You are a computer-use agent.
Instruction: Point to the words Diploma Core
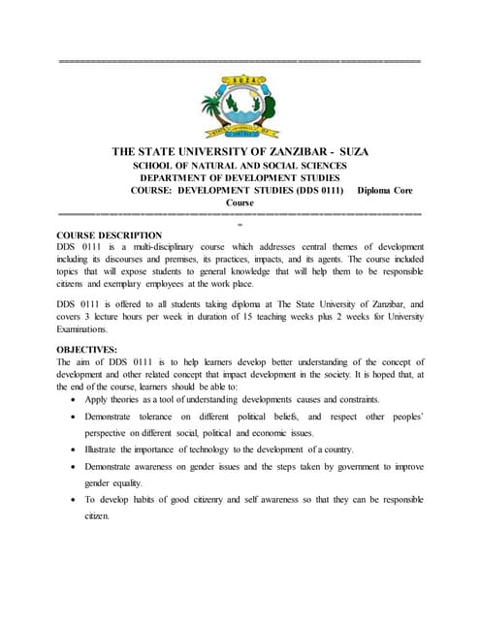point(385,191)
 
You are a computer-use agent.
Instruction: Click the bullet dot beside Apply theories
point(76,399)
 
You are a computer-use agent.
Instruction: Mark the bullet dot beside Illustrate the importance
point(76,449)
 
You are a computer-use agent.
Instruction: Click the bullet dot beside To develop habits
point(76,499)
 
